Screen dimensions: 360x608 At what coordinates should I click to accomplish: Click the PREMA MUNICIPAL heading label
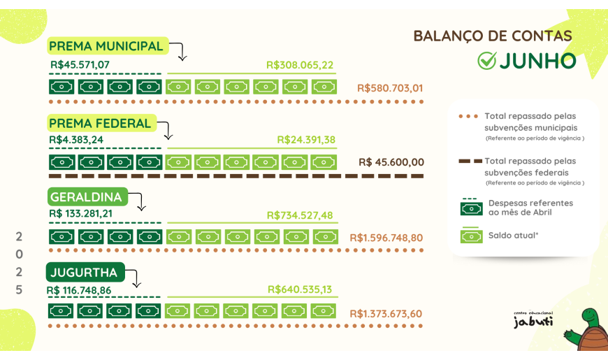(x=106, y=46)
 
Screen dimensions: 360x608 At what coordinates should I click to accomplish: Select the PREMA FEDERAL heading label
(x=100, y=124)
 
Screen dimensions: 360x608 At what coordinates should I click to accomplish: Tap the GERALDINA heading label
(x=86, y=197)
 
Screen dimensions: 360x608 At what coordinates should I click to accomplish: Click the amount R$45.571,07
(x=80, y=64)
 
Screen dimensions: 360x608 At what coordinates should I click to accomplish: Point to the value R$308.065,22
(x=300, y=65)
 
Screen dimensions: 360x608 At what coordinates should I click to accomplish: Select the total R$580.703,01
(x=390, y=88)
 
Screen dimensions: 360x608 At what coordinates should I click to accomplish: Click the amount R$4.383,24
(x=76, y=139)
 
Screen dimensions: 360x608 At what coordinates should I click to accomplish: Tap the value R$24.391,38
(x=306, y=140)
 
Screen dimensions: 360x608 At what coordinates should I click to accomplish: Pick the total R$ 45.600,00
(x=391, y=162)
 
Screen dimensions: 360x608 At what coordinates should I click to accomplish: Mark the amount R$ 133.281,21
(x=80, y=213)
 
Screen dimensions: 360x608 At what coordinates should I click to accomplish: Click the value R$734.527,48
(x=300, y=215)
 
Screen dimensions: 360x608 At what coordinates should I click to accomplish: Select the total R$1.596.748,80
(x=386, y=238)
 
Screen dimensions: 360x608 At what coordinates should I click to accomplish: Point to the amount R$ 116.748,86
(x=79, y=289)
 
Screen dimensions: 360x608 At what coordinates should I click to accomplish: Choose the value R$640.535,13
(x=300, y=289)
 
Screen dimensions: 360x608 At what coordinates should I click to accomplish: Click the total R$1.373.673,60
(x=386, y=313)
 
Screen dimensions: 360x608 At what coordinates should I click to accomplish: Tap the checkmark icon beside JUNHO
(x=486, y=61)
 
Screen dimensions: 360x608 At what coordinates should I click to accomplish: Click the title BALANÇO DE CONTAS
(x=493, y=36)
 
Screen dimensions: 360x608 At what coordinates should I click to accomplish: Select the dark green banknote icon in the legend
(x=471, y=207)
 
